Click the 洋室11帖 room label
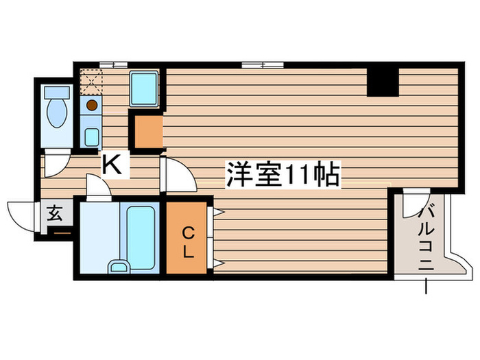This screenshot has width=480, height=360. pos(282,175)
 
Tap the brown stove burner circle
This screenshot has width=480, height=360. pos(91,106)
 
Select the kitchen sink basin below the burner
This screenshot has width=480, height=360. pos(91,136)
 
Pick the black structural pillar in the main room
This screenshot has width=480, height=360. pos(383,82)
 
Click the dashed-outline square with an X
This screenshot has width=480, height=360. pos(91,82)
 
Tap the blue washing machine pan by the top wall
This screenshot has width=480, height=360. pos(144,88)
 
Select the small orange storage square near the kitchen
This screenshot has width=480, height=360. pos(147,132)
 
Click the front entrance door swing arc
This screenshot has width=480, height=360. pos(21,214)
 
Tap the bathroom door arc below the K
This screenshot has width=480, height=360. pos(97,187)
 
